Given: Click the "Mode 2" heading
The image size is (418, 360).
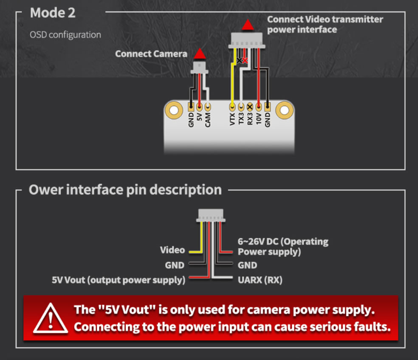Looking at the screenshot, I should (53, 13).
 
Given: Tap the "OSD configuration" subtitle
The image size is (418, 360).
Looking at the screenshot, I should (65, 34).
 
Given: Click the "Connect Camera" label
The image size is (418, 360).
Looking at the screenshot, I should (151, 54).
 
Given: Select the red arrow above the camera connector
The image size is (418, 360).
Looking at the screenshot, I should (199, 54).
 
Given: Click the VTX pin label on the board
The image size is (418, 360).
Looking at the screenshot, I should (232, 119).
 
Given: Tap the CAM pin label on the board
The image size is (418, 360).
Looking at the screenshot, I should (208, 119).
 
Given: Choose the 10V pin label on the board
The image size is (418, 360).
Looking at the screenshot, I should (258, 119).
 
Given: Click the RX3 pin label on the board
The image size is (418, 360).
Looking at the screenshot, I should (250, 119).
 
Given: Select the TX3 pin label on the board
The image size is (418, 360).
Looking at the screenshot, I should (241, 119).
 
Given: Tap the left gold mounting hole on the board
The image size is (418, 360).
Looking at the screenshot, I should (174, 111).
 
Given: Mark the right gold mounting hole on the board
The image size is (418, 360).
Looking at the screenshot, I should (284, 111).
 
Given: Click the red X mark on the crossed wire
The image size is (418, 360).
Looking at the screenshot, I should (245, 60).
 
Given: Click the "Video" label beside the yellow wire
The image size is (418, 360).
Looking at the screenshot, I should (172, 250).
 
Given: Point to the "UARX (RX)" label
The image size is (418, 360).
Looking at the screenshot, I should (260, 280).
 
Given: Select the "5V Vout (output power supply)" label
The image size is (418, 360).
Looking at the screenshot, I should (119, 280).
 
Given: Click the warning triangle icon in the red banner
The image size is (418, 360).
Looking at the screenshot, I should (51, 318).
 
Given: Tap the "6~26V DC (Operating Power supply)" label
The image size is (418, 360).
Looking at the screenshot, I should (282, 247).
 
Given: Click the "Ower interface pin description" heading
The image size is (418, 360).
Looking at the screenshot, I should (125, 190).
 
